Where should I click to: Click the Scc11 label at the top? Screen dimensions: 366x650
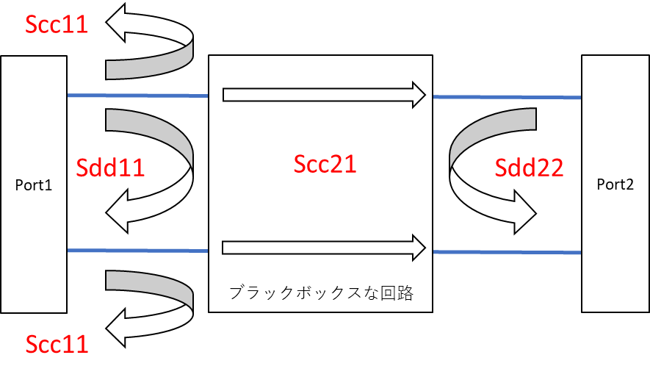click(x=57, y=24)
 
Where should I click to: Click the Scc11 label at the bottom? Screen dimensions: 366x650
click(x=57, y=343)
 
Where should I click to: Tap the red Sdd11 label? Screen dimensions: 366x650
click(x=111, y=168)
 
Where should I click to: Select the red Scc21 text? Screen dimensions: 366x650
click(x=322, y=164)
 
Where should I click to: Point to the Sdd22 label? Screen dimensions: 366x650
click(x=529, y=168)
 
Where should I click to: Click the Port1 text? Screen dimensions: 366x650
click(x=34, y=185)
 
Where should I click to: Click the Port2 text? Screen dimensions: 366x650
click(x=615, y=185)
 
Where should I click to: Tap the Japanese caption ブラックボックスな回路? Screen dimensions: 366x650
click(x=322, y=294)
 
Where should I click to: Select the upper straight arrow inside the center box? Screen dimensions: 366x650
click(x=323, y=94)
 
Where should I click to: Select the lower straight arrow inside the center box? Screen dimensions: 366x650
click(x=323, y=247)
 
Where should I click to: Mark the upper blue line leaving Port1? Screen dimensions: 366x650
click(x=137, y=96)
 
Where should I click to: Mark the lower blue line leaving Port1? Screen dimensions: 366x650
click(x=137, y=251)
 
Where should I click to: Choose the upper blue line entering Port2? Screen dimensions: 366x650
click(x=507, y=97)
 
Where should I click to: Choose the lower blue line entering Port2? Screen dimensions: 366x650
click(x=507, y=252)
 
